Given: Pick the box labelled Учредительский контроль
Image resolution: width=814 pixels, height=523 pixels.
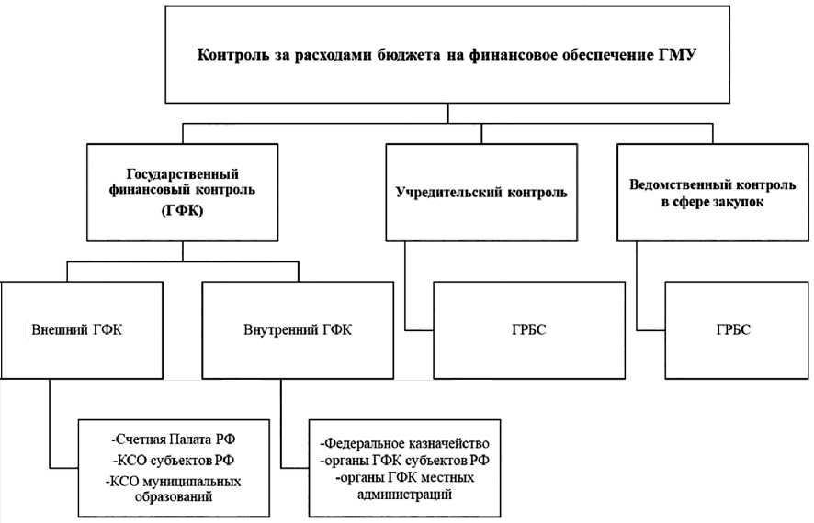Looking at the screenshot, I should tap(480, 193).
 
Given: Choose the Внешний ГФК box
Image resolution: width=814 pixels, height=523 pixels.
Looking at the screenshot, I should tap(84, 329).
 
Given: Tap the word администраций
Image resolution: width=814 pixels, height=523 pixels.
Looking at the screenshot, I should tap(407, 495).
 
